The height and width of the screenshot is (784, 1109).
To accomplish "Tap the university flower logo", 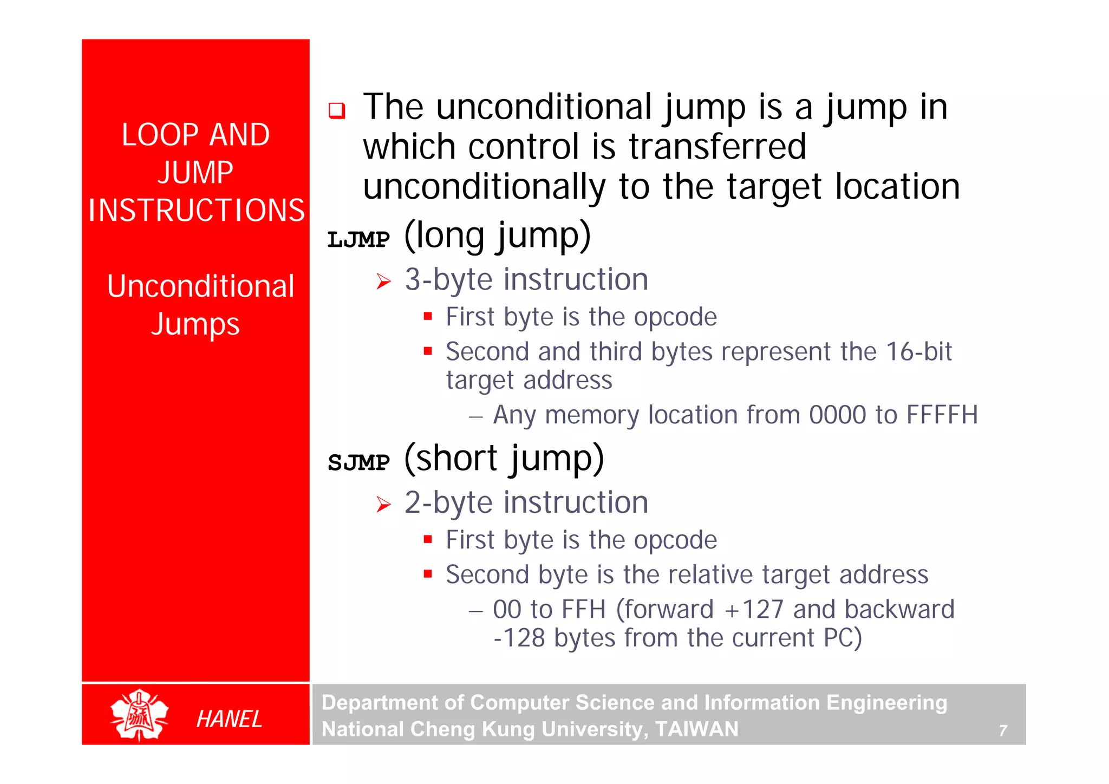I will (139, 715).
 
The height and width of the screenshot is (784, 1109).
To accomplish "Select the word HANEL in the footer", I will (229, 719).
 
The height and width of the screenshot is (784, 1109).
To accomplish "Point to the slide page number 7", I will (1003, 731).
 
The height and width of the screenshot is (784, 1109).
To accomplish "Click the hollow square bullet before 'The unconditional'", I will (337, 110).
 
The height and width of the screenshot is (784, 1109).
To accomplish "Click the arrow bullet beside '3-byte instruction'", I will (383, 282).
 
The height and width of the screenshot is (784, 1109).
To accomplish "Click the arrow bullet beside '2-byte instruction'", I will (383, 505).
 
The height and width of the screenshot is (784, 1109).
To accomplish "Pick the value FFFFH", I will (942, 415).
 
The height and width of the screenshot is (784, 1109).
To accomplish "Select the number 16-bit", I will (918, 352).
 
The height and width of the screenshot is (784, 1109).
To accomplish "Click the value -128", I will (519, 638).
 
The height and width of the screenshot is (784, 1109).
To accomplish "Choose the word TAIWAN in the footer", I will (696, 729).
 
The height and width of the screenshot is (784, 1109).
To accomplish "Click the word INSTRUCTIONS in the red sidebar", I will (197, 211).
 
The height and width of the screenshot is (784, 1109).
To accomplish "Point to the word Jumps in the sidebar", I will (195, 325).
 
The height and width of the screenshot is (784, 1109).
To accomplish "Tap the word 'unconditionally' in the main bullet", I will (484, 187).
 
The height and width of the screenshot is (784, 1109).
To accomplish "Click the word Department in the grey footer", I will (379, 703).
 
